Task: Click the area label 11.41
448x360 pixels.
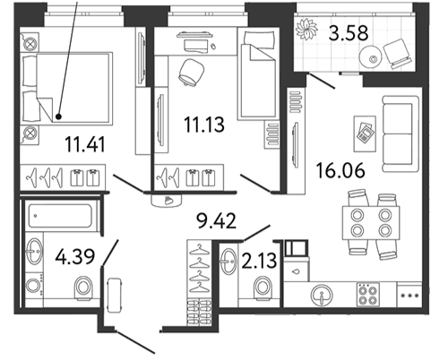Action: (x=85, y=144)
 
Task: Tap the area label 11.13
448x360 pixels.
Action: (x=204, y=124)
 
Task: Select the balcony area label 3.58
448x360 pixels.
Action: (x=349, y=32)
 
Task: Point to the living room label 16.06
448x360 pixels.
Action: (x=340, y=170)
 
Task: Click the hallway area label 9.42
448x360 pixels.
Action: (x=216, y=221)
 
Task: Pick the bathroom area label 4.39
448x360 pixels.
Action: (x=75, y=256)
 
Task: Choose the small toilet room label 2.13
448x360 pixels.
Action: (x=259, y=261)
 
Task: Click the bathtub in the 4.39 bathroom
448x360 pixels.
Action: (x=60, y=216)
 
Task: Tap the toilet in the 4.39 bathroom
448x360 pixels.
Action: (x=83, y=288)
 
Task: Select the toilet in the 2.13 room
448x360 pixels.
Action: (x=263, y=288)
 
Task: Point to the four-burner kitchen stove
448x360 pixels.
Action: (x=368, y=294)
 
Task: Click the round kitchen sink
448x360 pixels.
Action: (x=322, y=295)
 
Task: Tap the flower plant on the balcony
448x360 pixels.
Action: (x=306, y=30)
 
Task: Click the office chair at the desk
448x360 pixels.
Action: (x=192, y=73)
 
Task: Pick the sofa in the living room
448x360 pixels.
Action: (x=401, y=133)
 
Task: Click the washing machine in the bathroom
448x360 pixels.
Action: (x=34, y=286)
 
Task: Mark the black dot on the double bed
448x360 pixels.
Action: (x=58, y=116)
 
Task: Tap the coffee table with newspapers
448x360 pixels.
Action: (x=365, y=133)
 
